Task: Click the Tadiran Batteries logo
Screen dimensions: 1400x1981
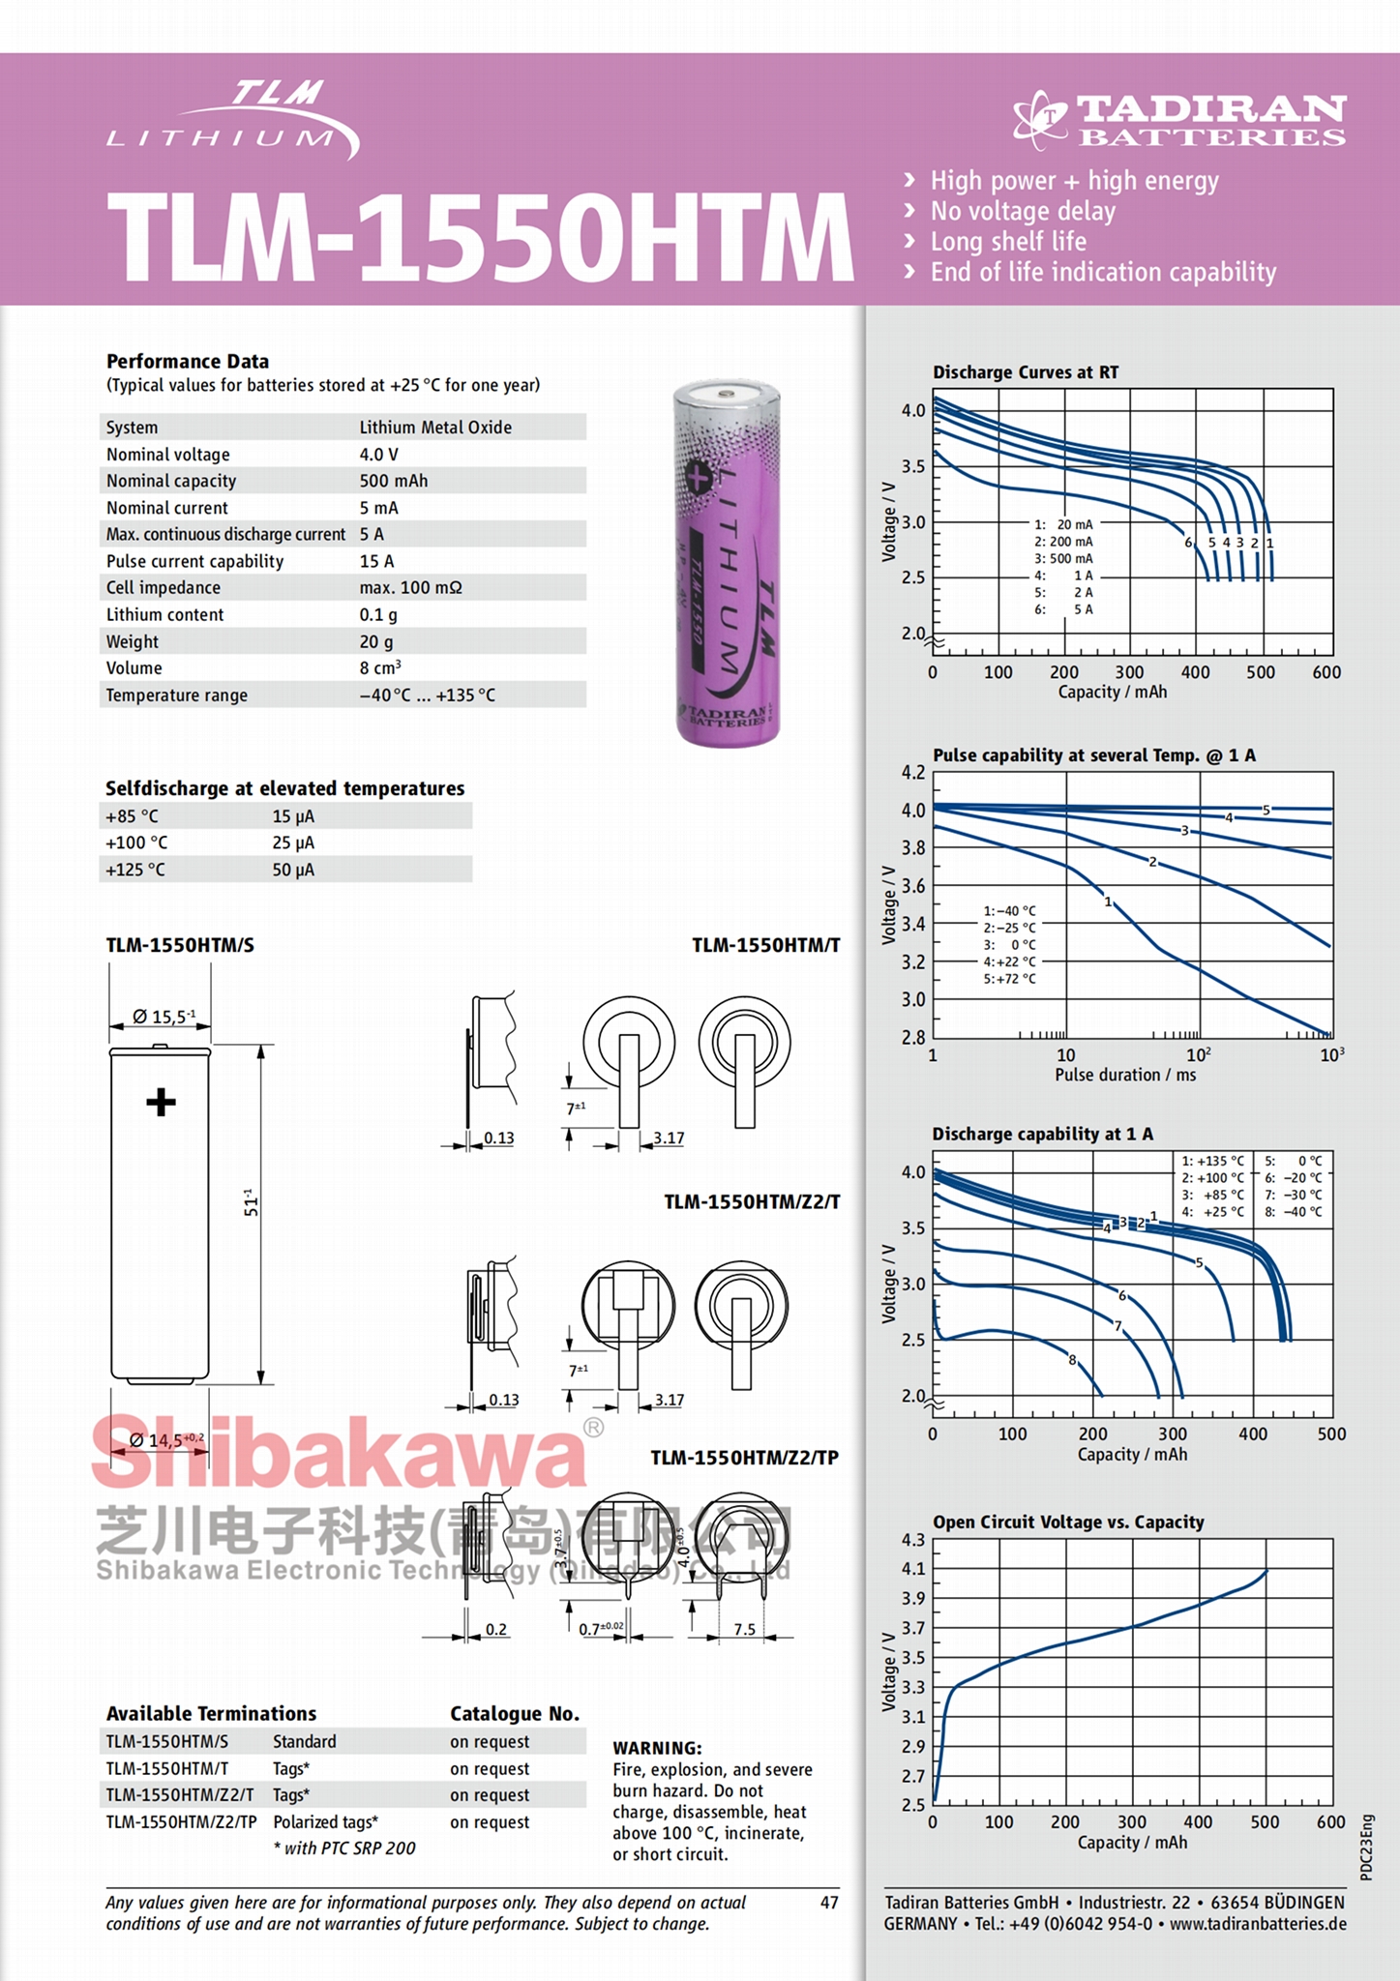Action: (1179, 121)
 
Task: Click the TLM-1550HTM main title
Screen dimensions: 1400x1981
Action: (481, 238)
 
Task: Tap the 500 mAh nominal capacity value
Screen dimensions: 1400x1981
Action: (394, 481)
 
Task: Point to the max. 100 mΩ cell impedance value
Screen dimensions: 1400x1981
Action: (410, 587)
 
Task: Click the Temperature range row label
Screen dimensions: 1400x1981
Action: (177, 695)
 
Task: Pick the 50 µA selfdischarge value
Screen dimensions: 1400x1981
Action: (293, 870)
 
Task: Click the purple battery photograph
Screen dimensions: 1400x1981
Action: (727, 563)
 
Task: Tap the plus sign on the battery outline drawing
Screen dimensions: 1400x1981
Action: (161, 1102)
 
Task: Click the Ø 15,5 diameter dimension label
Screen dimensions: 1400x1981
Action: (164, 1016)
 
